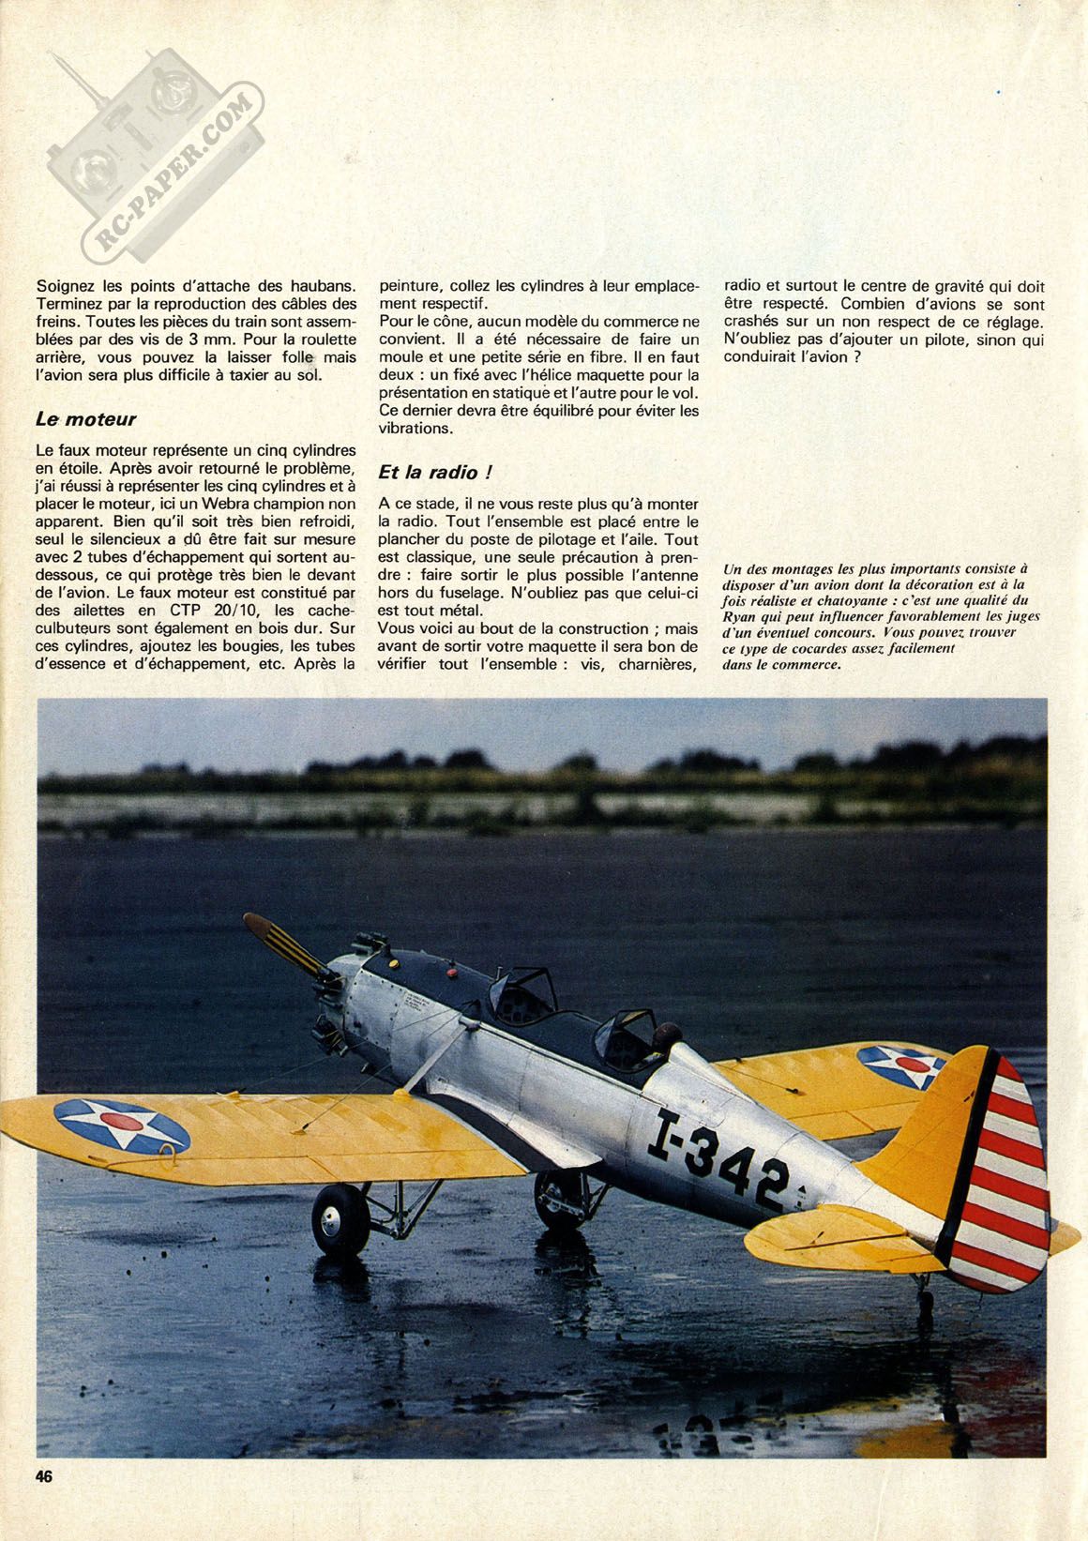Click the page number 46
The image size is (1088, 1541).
43,1474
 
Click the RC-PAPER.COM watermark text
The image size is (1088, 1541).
174,174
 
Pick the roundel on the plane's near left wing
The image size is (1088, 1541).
122,1125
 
